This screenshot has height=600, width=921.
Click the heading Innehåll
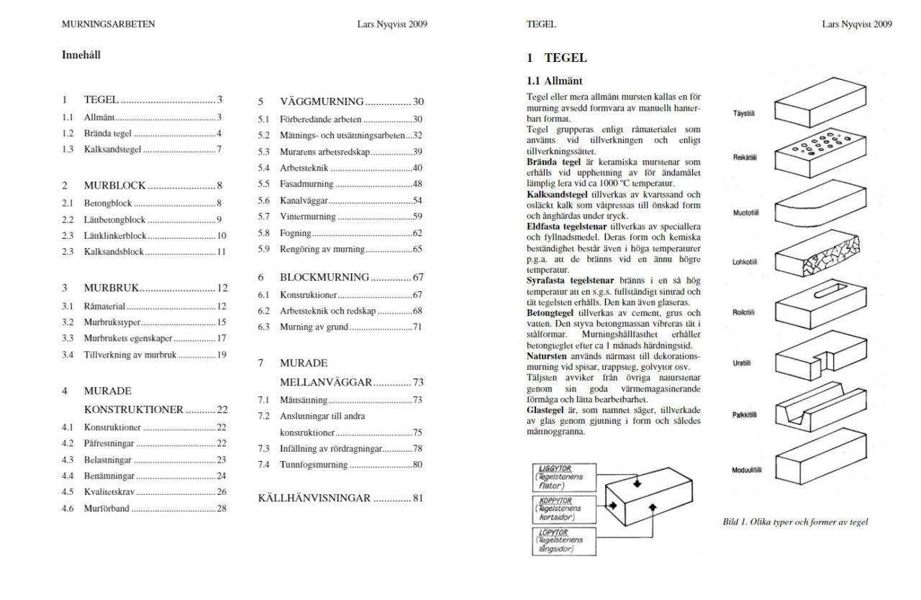tap(81, 55)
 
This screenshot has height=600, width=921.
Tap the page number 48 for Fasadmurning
tap(417, 183)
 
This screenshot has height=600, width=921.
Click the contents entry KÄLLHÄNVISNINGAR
tap(314, 498)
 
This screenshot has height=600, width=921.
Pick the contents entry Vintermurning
tap(308, 217)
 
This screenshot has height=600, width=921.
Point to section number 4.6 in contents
tap(68, 509)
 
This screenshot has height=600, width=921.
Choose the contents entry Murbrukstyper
tap(112, 322)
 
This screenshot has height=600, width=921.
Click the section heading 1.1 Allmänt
tap(555, 81)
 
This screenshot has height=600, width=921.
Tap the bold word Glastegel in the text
tap(549, 409)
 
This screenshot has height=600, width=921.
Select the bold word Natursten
tap(547, 356)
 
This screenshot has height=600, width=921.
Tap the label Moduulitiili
tap(746, 471)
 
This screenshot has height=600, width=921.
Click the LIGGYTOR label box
tap(565, 477)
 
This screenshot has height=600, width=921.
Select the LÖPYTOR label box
tap(565, 541)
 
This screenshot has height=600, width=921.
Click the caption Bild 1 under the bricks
tap(795, 522)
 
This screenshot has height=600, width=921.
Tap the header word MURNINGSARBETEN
tap(109, 24)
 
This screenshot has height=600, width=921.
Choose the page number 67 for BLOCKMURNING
tap(417, 277)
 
